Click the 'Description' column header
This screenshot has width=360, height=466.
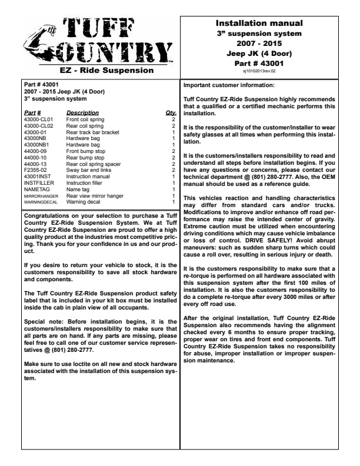pos(82,112)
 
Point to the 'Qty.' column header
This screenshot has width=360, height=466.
pos(171,112)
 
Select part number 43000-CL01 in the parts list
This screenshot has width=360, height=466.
pos(38,119)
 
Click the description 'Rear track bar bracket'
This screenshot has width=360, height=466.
pos(92,132)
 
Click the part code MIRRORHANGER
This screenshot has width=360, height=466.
pos(41,196)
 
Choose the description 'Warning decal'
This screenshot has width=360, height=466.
pos(84,202)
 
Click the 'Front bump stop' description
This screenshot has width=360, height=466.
pos(85,151)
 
